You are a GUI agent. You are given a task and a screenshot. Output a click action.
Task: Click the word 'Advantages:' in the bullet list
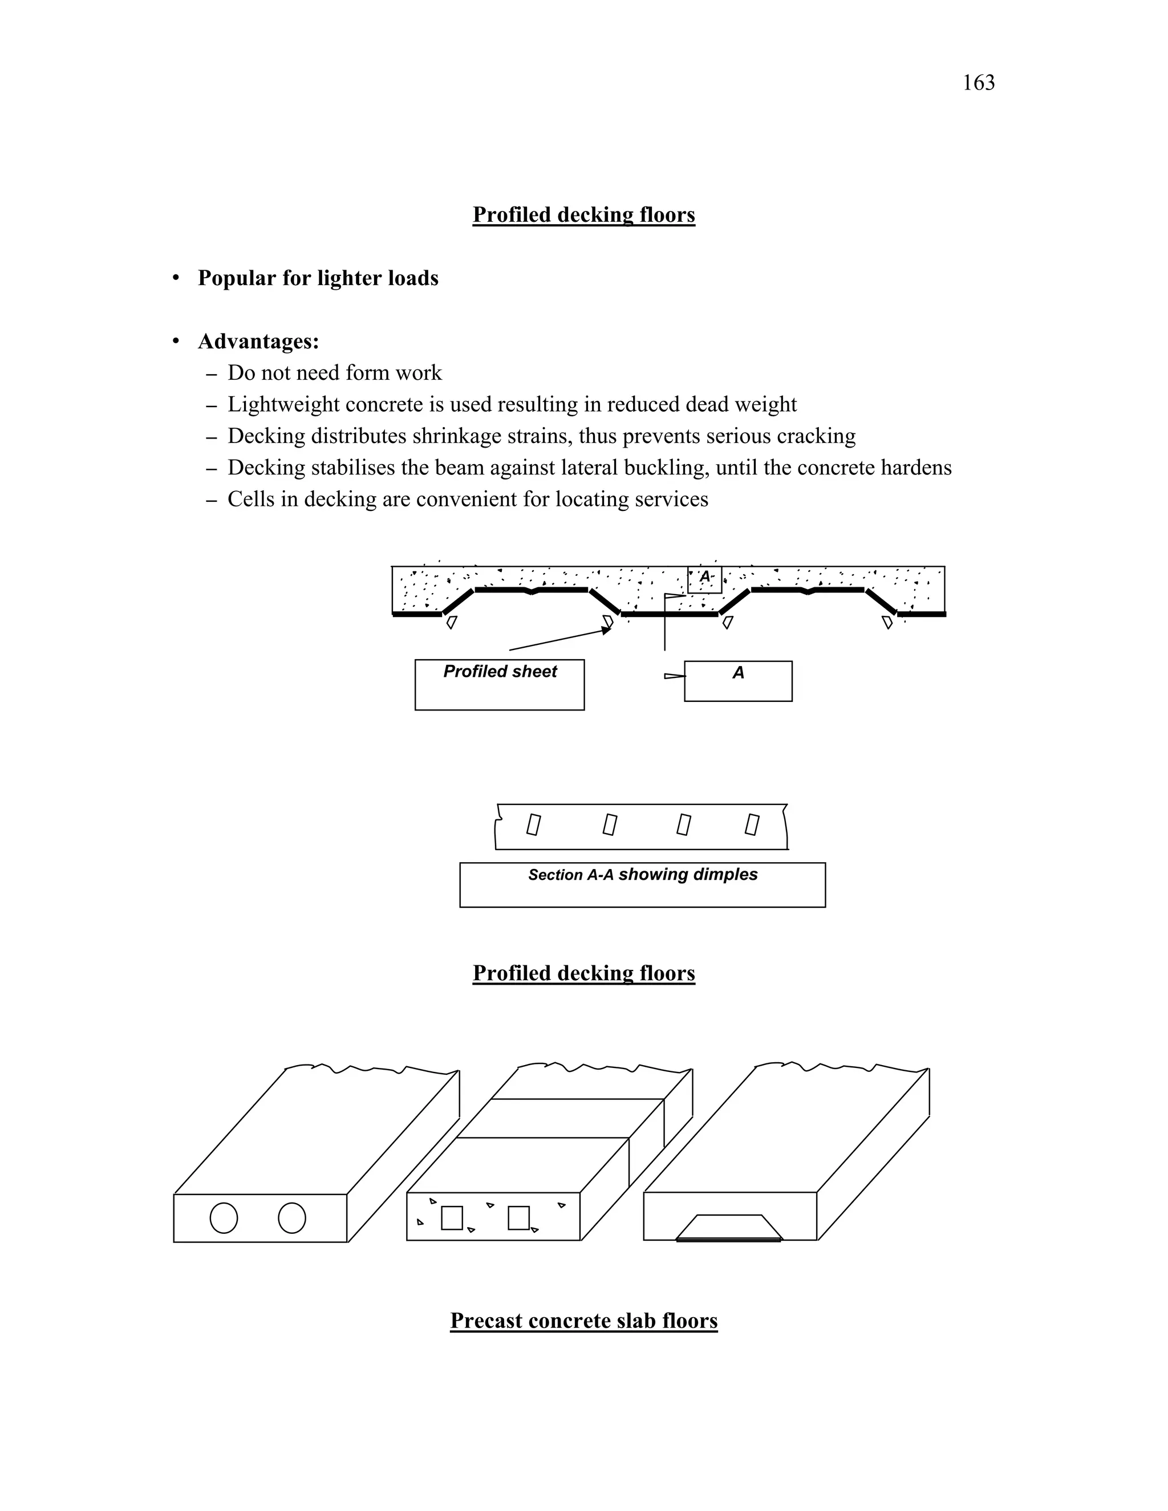tap(258, 341)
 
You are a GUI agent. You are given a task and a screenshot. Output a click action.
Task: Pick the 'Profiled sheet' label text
tap(500, 672)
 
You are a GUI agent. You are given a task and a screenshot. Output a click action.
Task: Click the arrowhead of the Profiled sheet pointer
tap(607, 630)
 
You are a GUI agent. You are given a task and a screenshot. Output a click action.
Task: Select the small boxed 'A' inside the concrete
tap(704, 577)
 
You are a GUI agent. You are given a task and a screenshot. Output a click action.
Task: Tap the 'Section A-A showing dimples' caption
tap(642, 875)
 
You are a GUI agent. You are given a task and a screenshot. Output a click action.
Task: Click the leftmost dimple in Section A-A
tap(533, 824)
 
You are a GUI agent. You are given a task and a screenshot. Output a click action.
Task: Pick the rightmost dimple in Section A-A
tap(752, 824)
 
